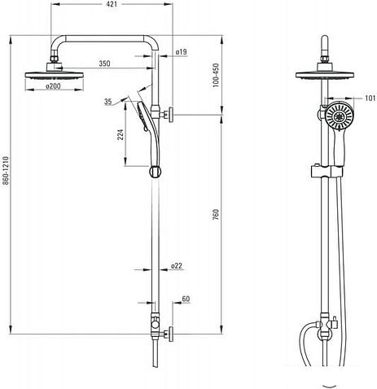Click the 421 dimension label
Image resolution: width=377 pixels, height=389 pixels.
point(112,4)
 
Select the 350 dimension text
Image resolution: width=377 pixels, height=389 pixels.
point(104,63)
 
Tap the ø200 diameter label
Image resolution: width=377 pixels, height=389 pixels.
point(53,86)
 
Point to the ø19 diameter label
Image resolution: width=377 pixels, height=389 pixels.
point(181,51)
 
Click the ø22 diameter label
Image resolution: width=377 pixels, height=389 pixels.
point(177,266)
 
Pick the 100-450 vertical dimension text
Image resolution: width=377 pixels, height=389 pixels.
point(216,75)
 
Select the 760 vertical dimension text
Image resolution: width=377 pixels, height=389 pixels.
point(216,214)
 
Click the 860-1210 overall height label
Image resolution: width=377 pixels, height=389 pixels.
point(6,170)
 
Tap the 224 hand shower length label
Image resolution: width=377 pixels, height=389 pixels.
point(121,134)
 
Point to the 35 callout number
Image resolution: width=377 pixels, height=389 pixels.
point(108,102)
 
